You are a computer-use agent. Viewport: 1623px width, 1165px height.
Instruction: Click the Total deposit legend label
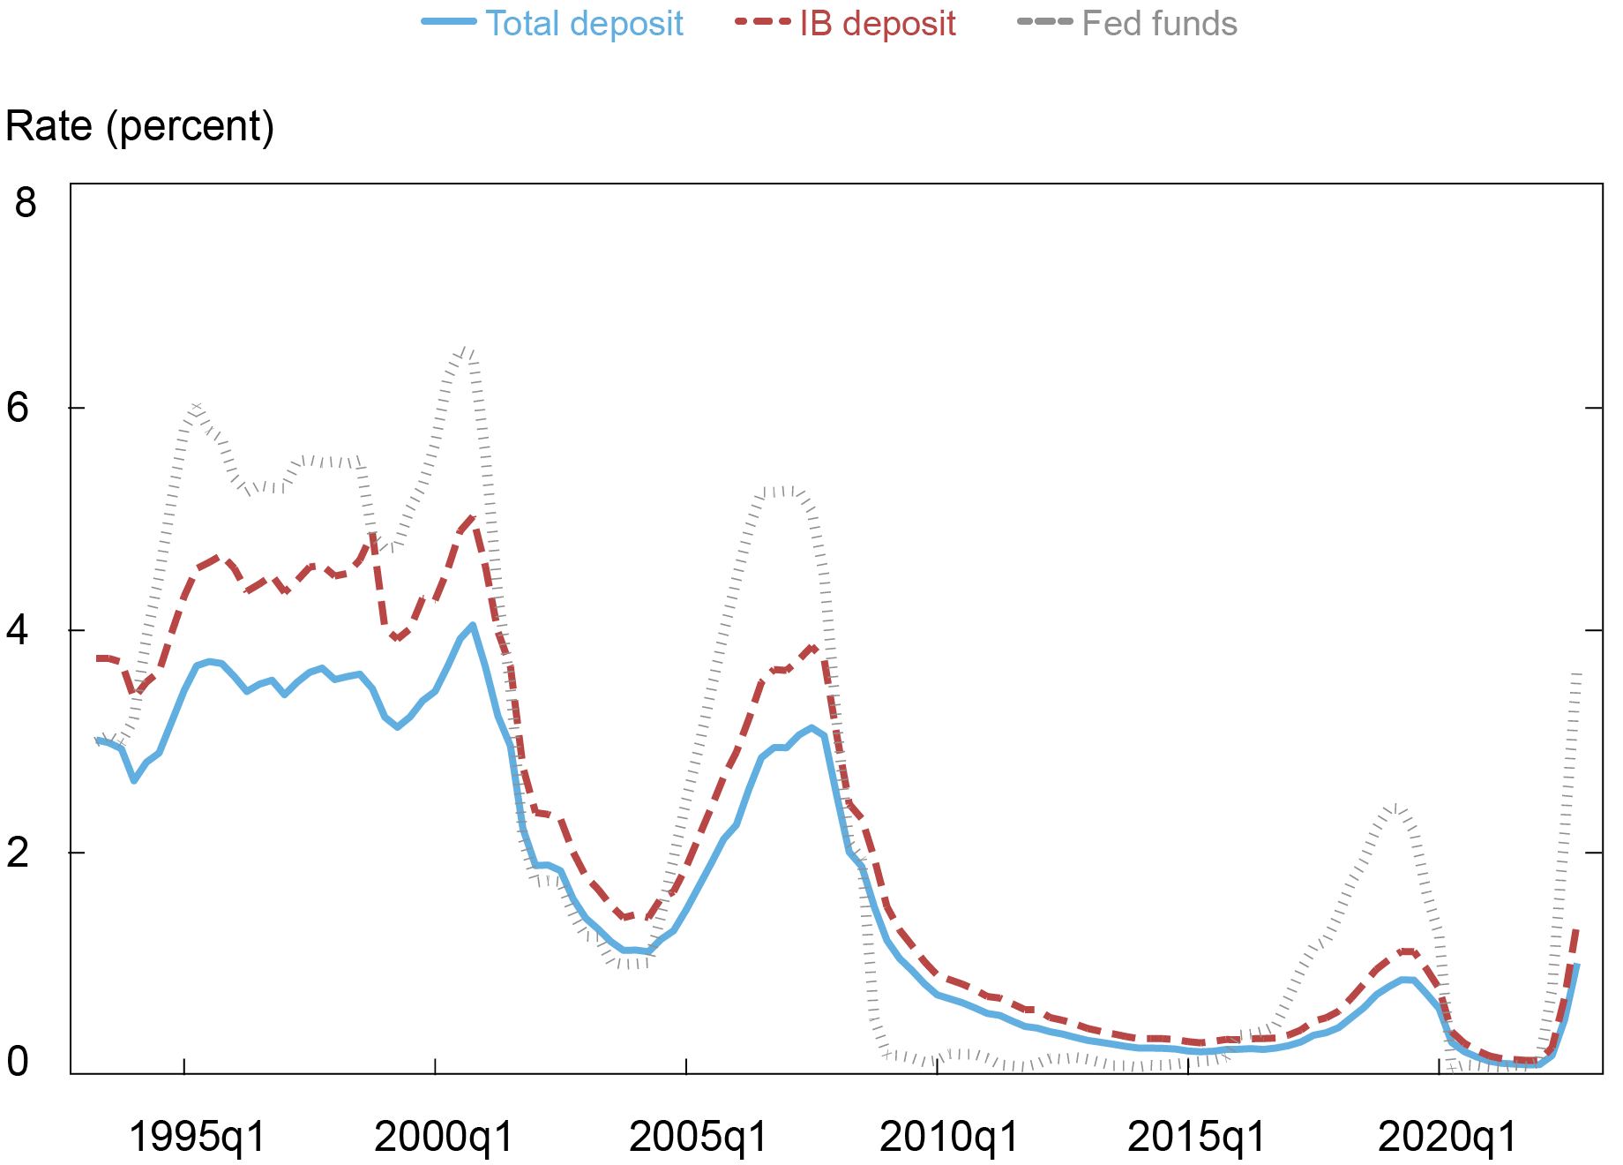click(584, 24)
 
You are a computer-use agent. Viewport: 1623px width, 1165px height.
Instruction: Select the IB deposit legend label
click(877, 24)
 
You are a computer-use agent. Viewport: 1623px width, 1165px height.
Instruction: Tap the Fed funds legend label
click(1159, 24)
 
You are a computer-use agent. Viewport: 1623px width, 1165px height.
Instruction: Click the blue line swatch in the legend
click(450, 22)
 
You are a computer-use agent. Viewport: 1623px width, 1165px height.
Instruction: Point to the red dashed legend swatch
click(762, 22)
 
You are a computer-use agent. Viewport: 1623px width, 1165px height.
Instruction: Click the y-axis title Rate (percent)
click(140, 126)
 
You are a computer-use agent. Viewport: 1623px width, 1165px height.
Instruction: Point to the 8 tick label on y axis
click(26, 202)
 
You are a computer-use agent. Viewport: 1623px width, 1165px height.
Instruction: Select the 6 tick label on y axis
click(19, 408)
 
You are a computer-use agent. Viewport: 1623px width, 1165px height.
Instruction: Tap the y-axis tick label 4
click(19, 630)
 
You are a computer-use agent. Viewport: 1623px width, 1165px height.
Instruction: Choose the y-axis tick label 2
click(19, 853)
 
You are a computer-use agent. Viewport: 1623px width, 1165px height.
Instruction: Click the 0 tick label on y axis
click(19, 1062)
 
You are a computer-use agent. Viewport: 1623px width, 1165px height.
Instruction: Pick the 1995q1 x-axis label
click(197, 1137)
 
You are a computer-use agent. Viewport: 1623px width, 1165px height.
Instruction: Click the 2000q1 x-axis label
click(444, 1137)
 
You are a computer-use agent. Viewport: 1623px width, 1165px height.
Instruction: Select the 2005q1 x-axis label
click(699, 1137)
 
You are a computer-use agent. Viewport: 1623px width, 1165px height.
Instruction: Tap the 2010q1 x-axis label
click(949, 1137)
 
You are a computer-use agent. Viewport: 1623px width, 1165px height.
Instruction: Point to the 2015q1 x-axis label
click(1197, 1137)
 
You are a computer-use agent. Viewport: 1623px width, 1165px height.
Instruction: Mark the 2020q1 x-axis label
click(1447, 1137)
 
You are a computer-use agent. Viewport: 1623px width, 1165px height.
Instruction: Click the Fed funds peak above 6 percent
click(468, 351)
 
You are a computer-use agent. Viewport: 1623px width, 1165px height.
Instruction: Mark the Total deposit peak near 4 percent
click(473, 626)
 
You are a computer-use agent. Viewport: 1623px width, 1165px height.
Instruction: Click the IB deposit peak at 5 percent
click(473, 519)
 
